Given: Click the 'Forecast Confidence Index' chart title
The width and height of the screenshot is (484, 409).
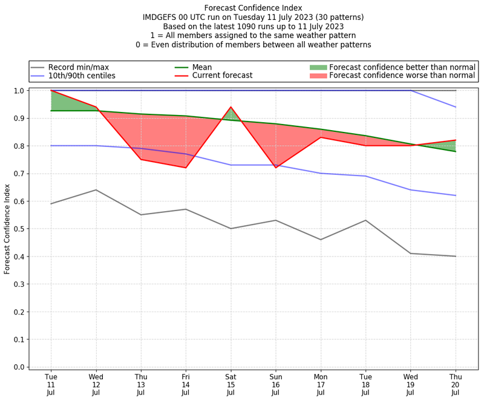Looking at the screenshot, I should point(253,8).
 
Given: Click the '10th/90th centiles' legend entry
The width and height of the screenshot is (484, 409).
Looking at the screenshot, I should point(82,76).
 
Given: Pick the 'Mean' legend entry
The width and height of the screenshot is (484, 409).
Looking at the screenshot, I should point(203,67).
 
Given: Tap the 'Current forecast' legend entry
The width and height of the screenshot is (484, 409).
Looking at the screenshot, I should point(222,76).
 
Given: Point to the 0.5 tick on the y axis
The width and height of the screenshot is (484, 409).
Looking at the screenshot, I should point(18,229).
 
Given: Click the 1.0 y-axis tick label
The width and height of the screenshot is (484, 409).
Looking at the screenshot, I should point(18,91).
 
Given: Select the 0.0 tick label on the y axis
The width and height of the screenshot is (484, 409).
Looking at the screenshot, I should point(18,367).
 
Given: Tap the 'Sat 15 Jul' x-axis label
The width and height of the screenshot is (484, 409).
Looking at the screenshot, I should point(231,384).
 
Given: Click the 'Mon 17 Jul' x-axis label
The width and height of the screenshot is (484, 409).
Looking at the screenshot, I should point(321,384).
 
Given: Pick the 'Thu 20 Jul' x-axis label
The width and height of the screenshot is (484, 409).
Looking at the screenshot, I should point(456,384).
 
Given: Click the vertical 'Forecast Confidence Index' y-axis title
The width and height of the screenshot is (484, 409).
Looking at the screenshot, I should point(7,229).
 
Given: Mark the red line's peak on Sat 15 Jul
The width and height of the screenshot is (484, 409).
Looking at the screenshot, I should point(231,107).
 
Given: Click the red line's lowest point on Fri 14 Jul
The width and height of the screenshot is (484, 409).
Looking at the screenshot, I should point(186,168).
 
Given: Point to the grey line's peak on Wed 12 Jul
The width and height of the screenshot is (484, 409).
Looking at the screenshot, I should point(96,190).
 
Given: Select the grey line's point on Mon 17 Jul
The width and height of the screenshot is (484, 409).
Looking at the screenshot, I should point(321,240).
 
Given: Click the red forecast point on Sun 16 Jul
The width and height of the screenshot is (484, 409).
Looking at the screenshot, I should point(276,168).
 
